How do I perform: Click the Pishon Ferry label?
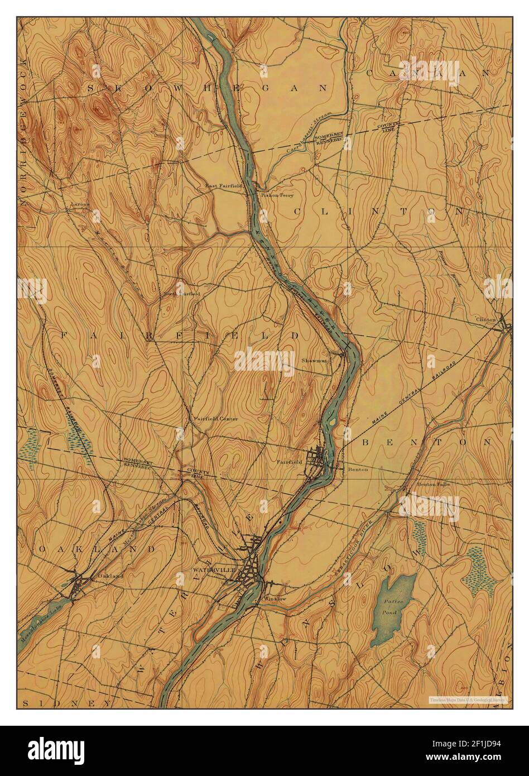coord(277,195)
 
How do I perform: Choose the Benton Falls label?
coord(433,484)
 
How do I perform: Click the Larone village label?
coord(80,204)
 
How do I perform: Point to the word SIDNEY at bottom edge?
coord(64,702)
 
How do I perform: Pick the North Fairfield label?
coord(181,294)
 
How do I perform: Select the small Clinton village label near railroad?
coord(485,319)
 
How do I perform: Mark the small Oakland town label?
coord(109,576)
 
